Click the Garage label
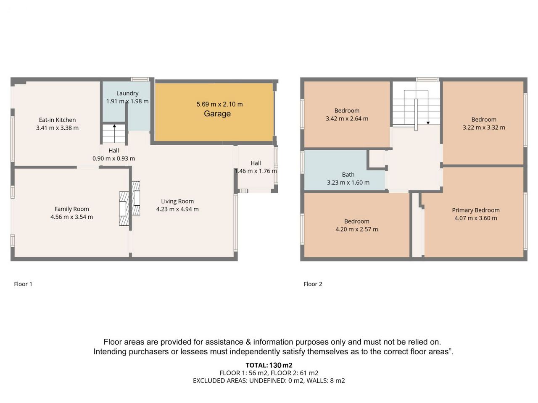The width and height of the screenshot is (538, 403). tap(217, 113)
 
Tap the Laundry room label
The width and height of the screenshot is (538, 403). tap(127, 93)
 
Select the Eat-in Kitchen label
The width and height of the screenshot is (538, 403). tap(57, 120)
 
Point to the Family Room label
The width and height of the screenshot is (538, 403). tap(71, 209)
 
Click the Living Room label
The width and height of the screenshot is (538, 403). tap(177, 201)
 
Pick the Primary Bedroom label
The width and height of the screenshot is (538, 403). tap(476, 210)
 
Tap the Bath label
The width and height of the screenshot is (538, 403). tap(348, 175)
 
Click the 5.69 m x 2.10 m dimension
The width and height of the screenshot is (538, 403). tap(219, 104)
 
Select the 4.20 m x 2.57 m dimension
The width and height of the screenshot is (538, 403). tap(356, 229)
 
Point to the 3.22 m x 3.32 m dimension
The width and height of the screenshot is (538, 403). tap(484, 128)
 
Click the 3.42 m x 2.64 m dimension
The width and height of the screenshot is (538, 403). tap(347, 119)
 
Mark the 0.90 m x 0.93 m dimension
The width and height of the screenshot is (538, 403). tap(113, 159)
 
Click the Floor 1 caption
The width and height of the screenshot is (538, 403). tap(23, 284)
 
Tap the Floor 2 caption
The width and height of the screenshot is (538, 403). tap(313, 284)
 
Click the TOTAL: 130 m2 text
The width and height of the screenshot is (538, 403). tap(269, 365)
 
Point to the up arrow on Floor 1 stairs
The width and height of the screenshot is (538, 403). tap(114, 133)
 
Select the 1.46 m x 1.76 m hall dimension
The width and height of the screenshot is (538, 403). tap(256, 171)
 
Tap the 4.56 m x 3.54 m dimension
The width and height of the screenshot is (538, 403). tap(71, 217)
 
